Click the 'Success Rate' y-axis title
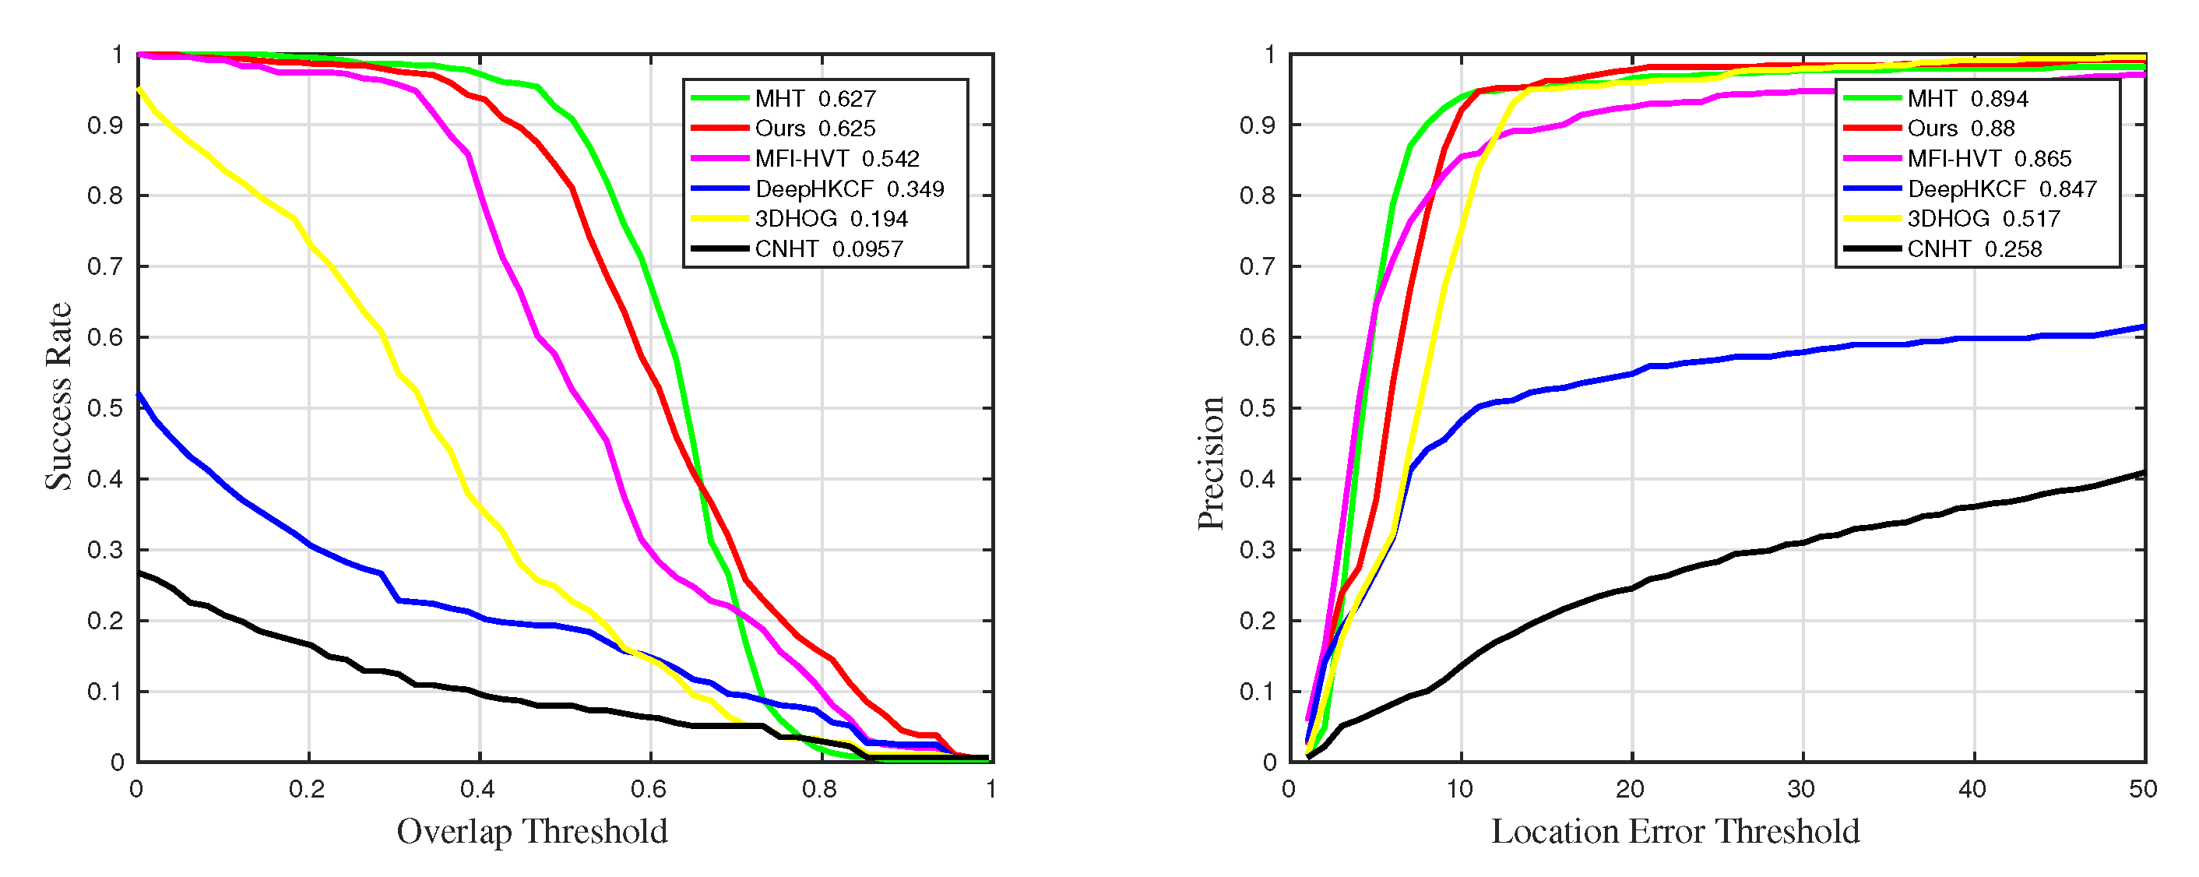[58, 396]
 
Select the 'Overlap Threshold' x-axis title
[532, 831]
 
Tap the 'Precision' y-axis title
[1211, 463]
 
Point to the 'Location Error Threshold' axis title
[1675, 831]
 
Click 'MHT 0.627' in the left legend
[815, 99]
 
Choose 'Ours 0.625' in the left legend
[815, 129]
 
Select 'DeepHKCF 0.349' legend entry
[849, 188]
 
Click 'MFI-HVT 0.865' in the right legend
[1989, 159]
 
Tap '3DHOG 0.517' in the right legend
[1983, 219]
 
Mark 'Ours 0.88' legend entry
[1960, 129]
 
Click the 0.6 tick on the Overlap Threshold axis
[649, 789]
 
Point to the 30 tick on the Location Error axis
[1801, 789]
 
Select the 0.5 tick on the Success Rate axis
[105, 408]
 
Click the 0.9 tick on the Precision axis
[1258, 125]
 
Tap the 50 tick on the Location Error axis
[2143, 789]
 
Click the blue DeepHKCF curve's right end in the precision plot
[2143, 327]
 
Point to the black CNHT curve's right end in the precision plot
[2143, 473]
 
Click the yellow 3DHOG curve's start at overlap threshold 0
[140, 89]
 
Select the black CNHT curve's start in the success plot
[140, 573]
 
